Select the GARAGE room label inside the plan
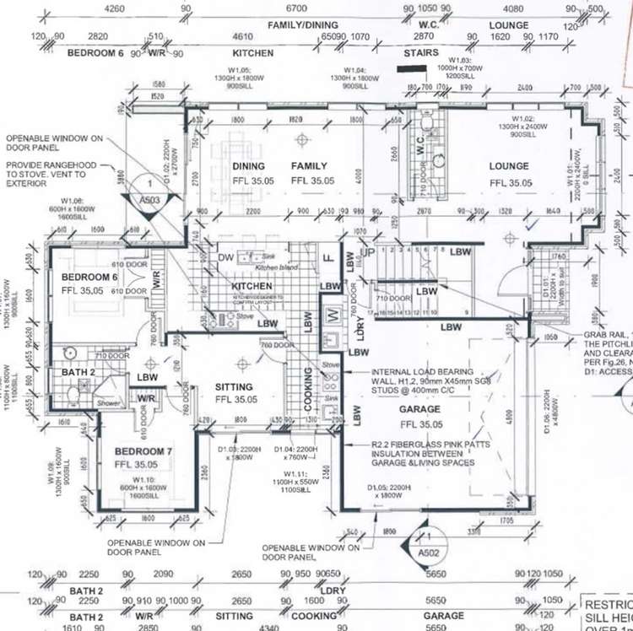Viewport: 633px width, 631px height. tap(418, 412)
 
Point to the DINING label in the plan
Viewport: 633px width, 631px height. tap(248, 166)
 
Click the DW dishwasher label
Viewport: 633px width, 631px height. tap(225, 257)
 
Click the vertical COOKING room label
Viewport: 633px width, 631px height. tap(309, 388)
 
